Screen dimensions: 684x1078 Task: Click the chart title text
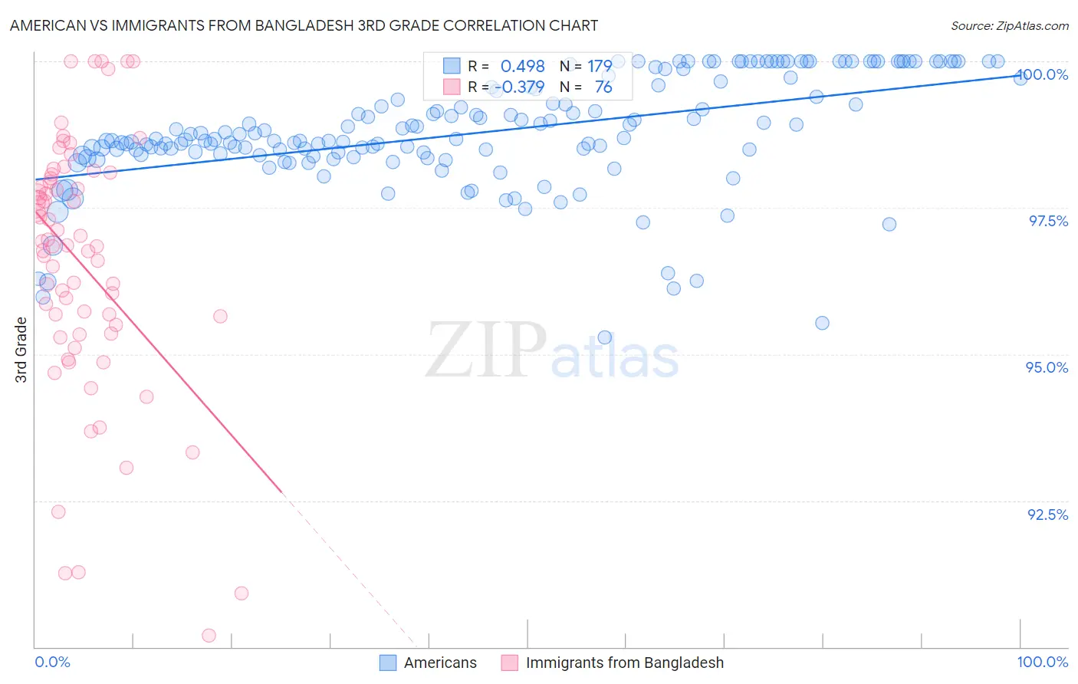(304, 25)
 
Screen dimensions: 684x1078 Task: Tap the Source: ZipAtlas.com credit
(1009, 25)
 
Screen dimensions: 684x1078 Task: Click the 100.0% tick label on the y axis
(1043, 74)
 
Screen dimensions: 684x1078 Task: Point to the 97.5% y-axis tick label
(1048, 221)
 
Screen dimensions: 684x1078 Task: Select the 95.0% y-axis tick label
(1047, 367)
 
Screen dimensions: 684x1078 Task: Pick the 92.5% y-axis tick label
(1047, 514)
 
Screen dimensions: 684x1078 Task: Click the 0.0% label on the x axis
(52, 662)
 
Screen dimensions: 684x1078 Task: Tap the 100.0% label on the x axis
(1042, 662)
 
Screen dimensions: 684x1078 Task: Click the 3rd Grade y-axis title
(21, 349)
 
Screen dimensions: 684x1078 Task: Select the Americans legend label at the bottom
(440, 663)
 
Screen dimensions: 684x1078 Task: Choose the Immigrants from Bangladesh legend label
(624, 663)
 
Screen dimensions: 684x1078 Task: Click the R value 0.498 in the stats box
(522, 67)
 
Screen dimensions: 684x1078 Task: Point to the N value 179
(599, 67)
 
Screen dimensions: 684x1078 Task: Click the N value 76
(603, 87)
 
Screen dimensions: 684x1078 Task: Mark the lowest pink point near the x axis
(209, 635)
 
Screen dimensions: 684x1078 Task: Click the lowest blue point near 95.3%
(604, 337)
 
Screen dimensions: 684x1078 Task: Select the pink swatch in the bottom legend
(509, 663)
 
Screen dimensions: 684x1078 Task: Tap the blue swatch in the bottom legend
(388, 663)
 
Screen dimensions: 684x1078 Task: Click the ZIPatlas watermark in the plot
(552, 351)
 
